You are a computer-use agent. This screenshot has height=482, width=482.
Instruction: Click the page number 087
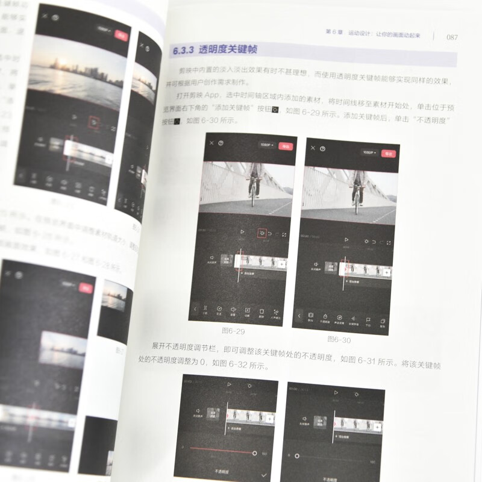[452, 36]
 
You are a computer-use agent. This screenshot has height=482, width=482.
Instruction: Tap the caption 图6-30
[339, 339]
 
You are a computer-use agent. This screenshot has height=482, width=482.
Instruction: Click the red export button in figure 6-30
[390, 152]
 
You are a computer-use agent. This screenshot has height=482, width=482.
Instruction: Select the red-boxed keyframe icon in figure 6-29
[261, 232]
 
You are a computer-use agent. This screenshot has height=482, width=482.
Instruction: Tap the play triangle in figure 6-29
[242, 231]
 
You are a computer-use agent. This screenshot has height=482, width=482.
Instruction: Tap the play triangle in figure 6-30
[346, 239]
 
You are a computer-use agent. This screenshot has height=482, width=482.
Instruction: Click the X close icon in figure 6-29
[211, 143]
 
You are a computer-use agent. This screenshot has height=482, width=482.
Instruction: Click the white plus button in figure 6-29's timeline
[283, 263]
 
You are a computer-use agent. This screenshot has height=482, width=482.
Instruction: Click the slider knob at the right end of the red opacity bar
[255, 452]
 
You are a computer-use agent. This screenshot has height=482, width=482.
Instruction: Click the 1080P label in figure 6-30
[368, 152]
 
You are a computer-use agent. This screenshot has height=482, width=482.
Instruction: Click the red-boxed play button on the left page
[93, 123]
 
